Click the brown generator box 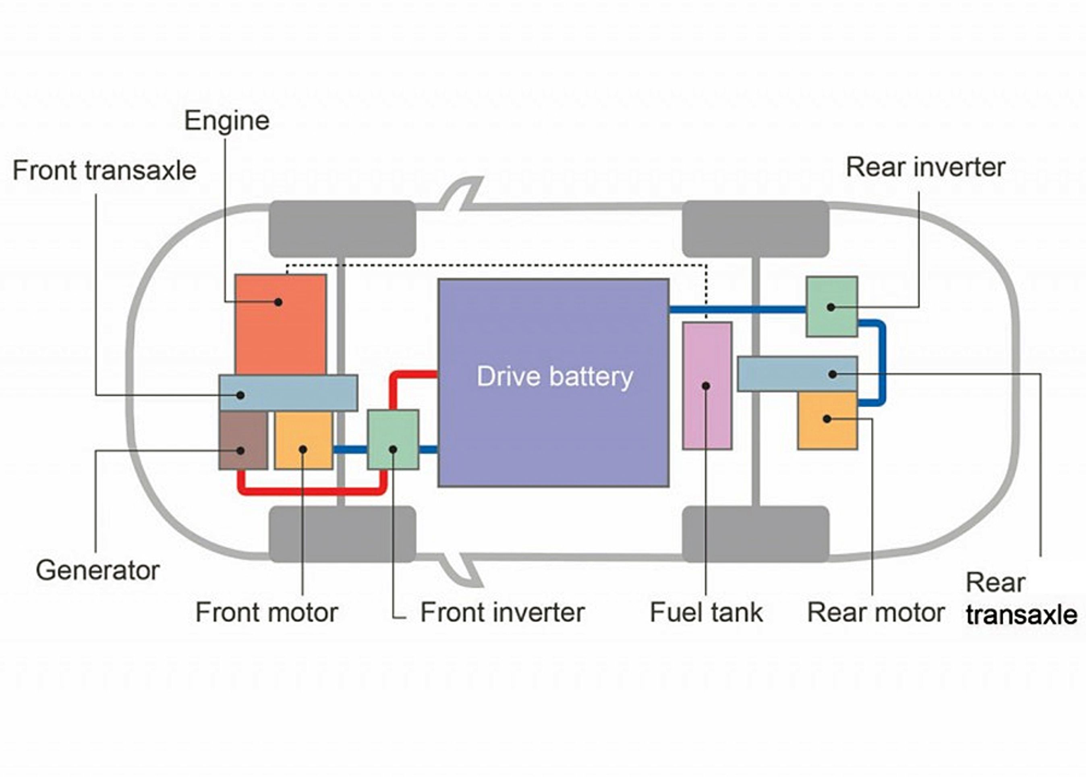click(x=243, y=440)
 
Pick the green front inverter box click(x=393, y=439)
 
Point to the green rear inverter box click(x=831, y=307)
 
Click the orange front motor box click(x=303, y=440)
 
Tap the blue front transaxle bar click(x=288, y=393)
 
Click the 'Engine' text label click(x=227, y=120)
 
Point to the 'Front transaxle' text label click(x=104, y=170)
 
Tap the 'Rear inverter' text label click(x=925, y=168)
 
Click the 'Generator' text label click(x=97, y=570)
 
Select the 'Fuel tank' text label click(x=706, y=612)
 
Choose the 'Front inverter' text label click(x=502, y=612)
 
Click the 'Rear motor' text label click(x=875, y=612)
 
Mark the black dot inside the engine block click(x=278, y=302)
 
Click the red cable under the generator click(x=311, y=491)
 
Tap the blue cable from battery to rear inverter click(x=737, y=310)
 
